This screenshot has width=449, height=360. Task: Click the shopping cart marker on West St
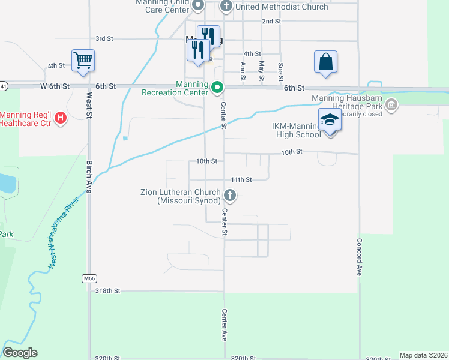(x=83, y=59)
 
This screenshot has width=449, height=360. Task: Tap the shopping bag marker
(x=325, y=62)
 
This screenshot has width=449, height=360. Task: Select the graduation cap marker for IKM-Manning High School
(x=329, y=120)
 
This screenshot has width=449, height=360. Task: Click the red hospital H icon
(x=60, y=119)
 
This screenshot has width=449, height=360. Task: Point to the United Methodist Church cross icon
(x=226, y=7)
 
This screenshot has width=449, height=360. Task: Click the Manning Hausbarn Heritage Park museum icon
(x=391, y=106)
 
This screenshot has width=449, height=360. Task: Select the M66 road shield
(x=89, y=278)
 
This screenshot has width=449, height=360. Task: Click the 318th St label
(x=108, y=290)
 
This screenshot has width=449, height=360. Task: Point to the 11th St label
(x=241, y=179)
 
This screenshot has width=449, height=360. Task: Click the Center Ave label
(x=224, y=325)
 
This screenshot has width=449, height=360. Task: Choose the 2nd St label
(x=271, y=21)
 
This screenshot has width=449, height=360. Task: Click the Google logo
(x=20, y=353)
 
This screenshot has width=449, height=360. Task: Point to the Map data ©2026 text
(x=423, y=355)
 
